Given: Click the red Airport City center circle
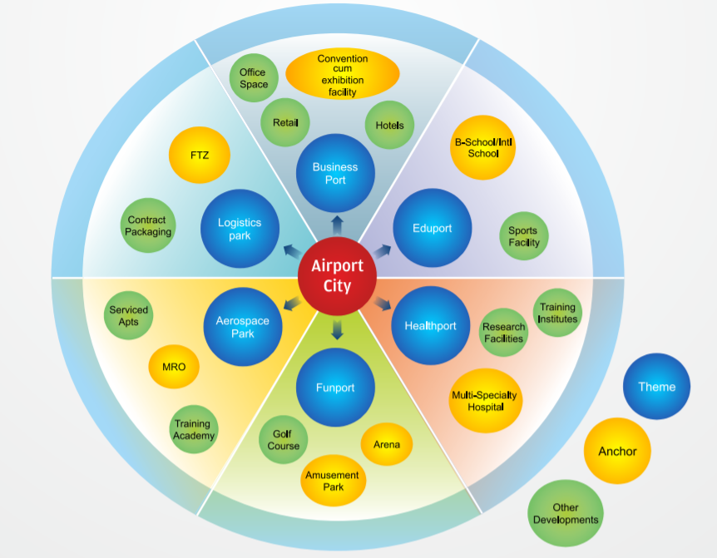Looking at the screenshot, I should pos(337,276).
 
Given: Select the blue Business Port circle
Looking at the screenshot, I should pos(335,173).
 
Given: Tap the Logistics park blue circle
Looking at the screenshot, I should pos(240,229).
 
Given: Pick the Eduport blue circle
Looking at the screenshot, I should pos(432,228).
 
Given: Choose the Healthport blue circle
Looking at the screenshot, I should pos(430,325).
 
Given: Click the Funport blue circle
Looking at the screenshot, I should pos(335,388).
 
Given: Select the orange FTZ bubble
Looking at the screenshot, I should pos(200,155).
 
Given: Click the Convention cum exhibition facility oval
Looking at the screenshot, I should pos(343,75).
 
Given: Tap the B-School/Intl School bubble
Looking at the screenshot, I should pos(483,148).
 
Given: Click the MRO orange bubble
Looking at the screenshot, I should pos(174,367).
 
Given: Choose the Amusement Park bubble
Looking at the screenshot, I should pos(333,481).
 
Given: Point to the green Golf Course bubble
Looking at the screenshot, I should pos(284,440).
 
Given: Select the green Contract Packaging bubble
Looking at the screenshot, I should pos(148,226).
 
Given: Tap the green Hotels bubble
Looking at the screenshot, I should pos(389,126).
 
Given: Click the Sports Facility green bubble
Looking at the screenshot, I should pos(523,236).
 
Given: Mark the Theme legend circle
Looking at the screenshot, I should pos(656,387).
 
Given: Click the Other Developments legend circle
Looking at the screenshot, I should pos(566,513).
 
